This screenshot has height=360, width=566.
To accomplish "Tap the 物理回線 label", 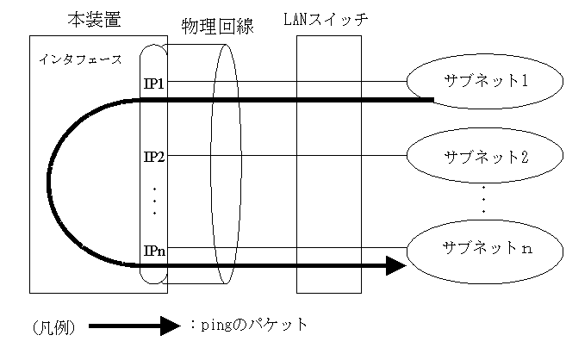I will pos(217,26).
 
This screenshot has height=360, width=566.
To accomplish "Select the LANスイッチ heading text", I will pos(326,19).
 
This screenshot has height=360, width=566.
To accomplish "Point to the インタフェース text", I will pos(80,60).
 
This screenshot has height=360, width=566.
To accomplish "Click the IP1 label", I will pos(154,83).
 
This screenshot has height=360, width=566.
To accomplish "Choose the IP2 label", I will pos(154,157).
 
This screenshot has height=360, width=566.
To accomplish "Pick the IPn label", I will pos(154,251).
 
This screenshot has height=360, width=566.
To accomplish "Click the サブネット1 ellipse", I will pos(485,82).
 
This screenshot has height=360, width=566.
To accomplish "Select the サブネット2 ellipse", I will pos(485,156).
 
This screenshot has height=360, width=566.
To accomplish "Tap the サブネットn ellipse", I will pos(485,249).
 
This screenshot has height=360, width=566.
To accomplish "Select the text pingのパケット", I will pos(246,326).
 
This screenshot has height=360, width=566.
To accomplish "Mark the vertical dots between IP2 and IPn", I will pos(154,201).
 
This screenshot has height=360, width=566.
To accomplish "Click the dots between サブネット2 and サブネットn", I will pos(484,199).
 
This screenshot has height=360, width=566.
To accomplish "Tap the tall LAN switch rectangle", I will pos(328,164).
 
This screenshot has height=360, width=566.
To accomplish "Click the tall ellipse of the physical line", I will pos(227,164).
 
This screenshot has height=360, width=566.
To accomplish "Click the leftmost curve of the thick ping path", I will pos(50,183).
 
